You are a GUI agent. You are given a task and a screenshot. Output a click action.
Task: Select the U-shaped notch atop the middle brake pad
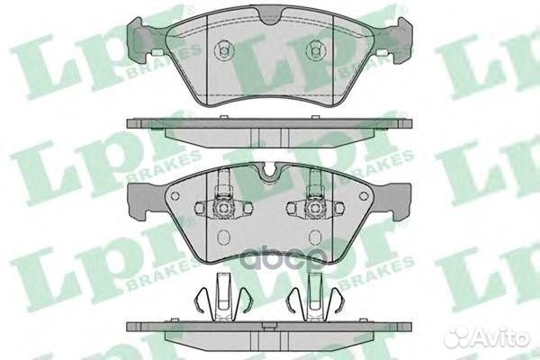coord(269,170)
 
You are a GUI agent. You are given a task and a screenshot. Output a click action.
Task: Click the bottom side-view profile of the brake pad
coord(269,330)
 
